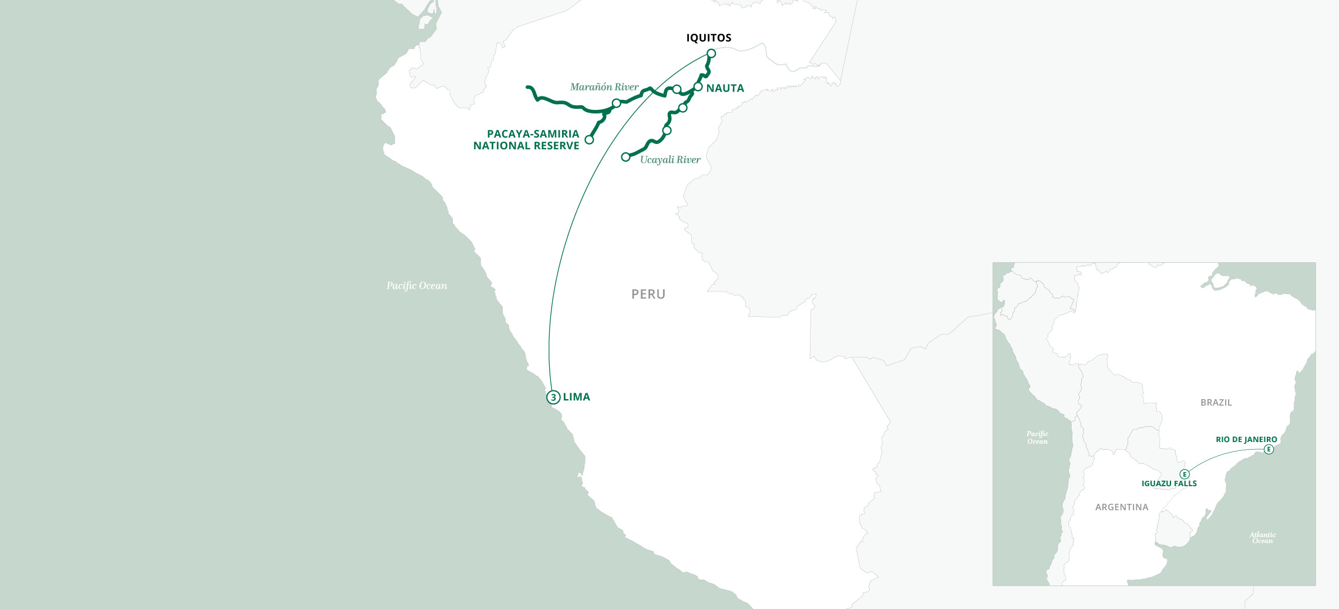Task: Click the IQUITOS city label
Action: pyautogui.click(x=709, y=38)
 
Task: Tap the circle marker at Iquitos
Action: pyautogui.click(x=711, y=53)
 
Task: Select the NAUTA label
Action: pyautogui.click(x=725, y=88)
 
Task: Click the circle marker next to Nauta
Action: pyautogui.click(x=698, y=87)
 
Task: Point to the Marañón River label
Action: pyautogui.click(x=604, y=87)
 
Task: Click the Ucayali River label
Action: pyautogui.click(x=670, y=160)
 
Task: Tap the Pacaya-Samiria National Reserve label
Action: pyautogui.click(x=527, y=140)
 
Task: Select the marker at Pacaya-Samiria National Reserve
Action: pyautogui.click(x=589, y=140)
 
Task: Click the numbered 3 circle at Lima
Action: pyautogui.click(x=553, y=397)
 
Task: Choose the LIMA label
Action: pyautogui.click(x=576, y=397)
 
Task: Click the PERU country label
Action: pyautogui.click(x=648, y=294)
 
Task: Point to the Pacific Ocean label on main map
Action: pyautogui.click(x=416, y=286)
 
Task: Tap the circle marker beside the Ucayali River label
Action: pyautogui.click(x=626, y=157)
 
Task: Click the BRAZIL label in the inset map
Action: pyautogui.click(x=1216, y=403)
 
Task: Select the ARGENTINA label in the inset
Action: pyautogui.click(x=1122, y=507)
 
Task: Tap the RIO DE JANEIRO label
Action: pyautogui.click(x=1246, y=440)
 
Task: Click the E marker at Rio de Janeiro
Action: pyautogui.click(x=1269, y=450)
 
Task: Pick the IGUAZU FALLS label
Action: pyautogui.click(x=1169, y=484)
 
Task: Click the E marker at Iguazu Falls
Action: pyautogui.click(x=1185, y=474)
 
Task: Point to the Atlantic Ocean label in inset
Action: pyautogui.click(x=1262, y=538)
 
